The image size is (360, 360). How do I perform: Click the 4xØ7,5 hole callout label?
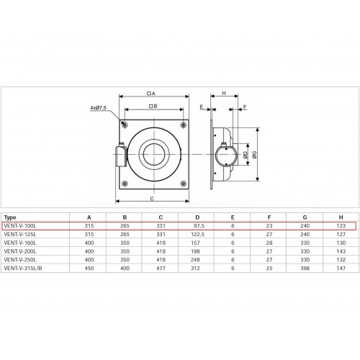pyautogui.click(x=98, y=108)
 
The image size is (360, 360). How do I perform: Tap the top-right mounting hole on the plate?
pyautogui.click(x=184, y=125)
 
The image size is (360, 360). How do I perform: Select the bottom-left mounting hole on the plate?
pyautogui.click(x=125, y=184)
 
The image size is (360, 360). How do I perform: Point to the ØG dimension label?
pyautogui.click(x=255, y=154)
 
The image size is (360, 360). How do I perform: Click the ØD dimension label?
pyautogui.click(x=245, y=155)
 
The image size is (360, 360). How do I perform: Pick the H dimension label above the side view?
pyautogui.click(x=224, y=93)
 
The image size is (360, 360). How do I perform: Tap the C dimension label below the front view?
pyautogui.click(x=152, y=199)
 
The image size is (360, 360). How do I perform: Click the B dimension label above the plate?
pyautogui.click(x=153, y=106)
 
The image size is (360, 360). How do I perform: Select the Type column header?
pyautogui.click(x=10, y=217)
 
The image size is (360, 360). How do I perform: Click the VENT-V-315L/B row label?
pyautogui.click(x=23, y=269)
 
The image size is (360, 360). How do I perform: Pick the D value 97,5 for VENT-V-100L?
pyautogui.click(x=199, y=226)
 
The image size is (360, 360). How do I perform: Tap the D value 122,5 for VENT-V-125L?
pyautogui.click(x=197, y=234)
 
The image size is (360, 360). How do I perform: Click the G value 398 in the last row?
pyautogui.click(x=305, y=269)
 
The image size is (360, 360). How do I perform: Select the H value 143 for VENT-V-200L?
pyautogui.click(x=341, y=251)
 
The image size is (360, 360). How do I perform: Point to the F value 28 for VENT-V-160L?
pyautogui.click(x=269, y=243)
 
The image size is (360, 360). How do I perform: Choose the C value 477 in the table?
pyautogui.click(x=161, y=269)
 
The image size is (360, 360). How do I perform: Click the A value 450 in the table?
pyautogui.click(x=89, y=269)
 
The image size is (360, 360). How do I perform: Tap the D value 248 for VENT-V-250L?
pyautogui.click(x=195, y=260)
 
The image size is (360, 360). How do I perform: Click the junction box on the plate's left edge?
pyautogui.click(x=121, y=156)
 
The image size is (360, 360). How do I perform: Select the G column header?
pyautogui.click(x=305, y=217)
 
